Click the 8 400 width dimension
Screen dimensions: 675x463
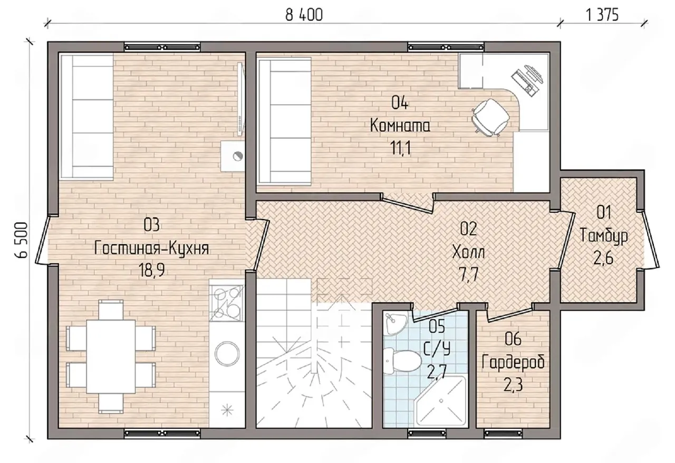pos(304,15)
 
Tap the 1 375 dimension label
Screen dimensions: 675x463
pos(602,15)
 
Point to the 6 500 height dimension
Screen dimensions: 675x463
pos(21,240)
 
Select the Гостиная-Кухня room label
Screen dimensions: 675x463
pos(151,248)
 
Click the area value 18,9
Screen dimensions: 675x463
pos(151,270)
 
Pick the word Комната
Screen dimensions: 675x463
pos(400,126)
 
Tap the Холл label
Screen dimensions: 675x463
pos(469,252)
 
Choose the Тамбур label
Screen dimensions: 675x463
pos(604,236)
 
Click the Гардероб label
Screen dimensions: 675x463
pos(513,362)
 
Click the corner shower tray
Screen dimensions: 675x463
pos(440,401)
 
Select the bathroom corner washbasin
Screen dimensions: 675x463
pos(396,323)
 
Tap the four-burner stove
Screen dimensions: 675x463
pos(227,303)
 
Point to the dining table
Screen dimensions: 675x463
pos(111,356)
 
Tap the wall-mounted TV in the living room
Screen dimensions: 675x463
pos(240,98)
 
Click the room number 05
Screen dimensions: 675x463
pos(437,327)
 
